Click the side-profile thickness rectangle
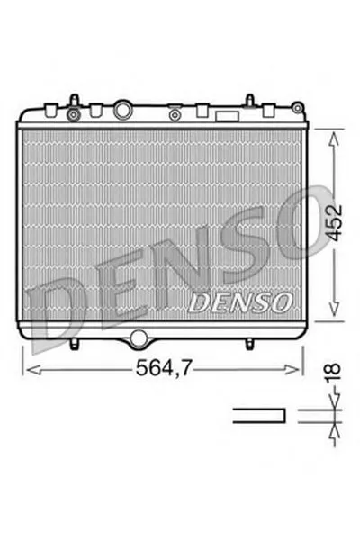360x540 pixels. (x=259, y=416)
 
